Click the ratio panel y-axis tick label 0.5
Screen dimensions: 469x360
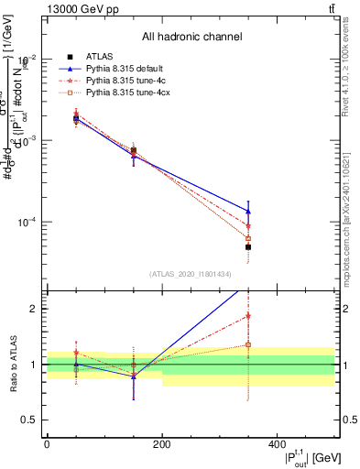(33, 420)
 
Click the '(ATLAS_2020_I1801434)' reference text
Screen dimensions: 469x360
(191, 274)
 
